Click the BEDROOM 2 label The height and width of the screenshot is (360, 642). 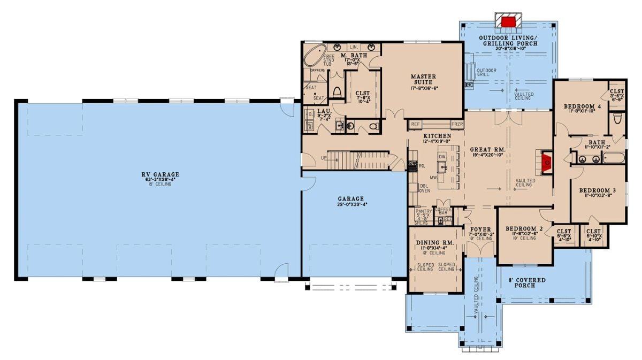[524, 228]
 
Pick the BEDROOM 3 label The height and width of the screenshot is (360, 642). [598, 190]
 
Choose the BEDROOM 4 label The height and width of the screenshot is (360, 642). [582, 107]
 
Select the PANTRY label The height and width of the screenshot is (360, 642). [423, 212]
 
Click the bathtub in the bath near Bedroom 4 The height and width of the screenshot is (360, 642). [613, 158]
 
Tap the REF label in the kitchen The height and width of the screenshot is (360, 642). [415, 124]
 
